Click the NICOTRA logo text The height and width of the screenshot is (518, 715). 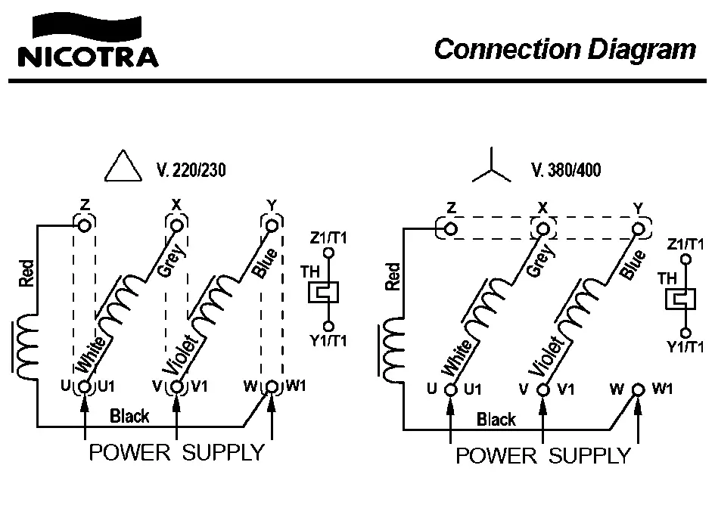[x=88, y=57]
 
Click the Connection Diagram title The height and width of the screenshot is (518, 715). [x=564, y=49]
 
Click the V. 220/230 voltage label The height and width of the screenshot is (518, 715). [x=191, y=170]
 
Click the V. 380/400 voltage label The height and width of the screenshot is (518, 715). [x=567, y=170]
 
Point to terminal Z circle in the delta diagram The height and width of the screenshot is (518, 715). [x=85, y=225]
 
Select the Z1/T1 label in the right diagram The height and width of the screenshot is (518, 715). [x=686, y=244]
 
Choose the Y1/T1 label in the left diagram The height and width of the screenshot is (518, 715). [x=328, y=340]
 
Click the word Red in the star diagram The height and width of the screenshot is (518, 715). [x=393, y=276]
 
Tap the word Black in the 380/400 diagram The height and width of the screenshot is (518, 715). [x=496, y=419]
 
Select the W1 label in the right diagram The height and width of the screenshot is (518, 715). [x=662, y=389]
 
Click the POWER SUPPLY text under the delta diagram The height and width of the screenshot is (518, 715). [x=176, y=453]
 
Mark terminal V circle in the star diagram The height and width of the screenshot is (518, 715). [x=543, y=389]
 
